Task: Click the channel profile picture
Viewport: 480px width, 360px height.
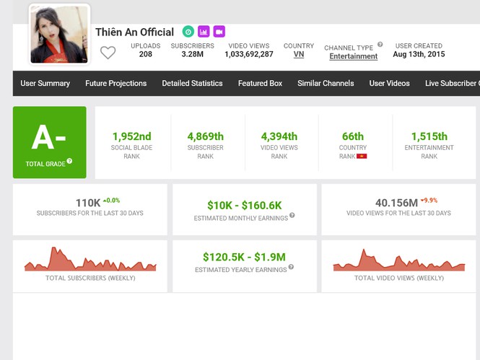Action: (59, 34)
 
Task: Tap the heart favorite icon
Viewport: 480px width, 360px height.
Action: (108, 53)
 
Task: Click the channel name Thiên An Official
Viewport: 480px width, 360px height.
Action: (134, 32)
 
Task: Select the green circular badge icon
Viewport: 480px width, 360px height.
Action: (188, 32)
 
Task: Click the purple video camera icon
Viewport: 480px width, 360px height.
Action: (219, 32)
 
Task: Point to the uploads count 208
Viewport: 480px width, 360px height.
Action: (146, 54)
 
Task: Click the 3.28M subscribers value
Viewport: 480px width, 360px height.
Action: (192, 54)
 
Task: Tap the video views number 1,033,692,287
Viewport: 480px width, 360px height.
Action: (249, 54)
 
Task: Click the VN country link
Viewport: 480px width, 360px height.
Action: (299, 54)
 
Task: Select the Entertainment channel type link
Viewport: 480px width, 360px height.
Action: (354, 56)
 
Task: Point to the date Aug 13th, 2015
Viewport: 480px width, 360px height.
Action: (419, 54)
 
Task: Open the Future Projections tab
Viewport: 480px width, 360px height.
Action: (115, 84)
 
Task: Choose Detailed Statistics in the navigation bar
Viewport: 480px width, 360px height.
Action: (192, 84)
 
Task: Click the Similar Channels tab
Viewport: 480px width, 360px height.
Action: (326, 84)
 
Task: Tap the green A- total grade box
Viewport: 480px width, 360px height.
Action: (49, 142)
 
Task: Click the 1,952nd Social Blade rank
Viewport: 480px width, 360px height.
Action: (132, 136)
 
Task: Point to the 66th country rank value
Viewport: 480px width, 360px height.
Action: (353, 136)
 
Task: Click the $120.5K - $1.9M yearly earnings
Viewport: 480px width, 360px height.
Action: (244, 257)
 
